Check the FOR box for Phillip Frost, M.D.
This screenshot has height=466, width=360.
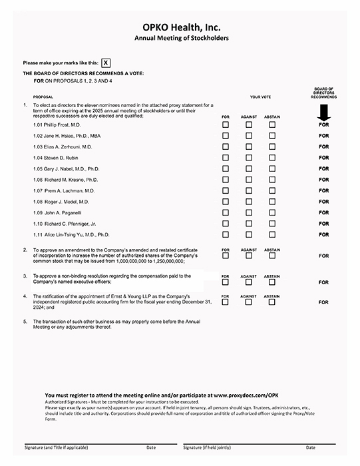coord(225,124)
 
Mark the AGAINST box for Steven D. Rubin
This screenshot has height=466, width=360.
coord(248,158)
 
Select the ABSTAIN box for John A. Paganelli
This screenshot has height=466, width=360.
coord(271,212)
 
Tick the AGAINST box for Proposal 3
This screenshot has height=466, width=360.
coord(248,281)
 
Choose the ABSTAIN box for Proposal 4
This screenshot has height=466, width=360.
coord(271,301)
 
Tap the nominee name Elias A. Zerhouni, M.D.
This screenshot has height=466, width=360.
coord(63,146)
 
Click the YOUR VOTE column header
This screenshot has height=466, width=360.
coord(260,97)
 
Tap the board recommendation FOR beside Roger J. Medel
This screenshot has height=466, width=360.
coord(324,202)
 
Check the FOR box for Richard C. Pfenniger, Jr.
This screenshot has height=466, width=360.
coord(225,224)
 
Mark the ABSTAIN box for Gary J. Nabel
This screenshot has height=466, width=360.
coord(271,168)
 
